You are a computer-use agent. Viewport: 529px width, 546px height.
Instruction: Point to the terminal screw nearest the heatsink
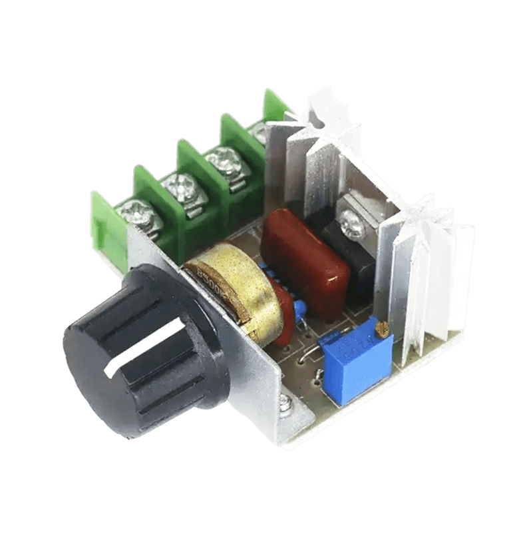tap(261, 136)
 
